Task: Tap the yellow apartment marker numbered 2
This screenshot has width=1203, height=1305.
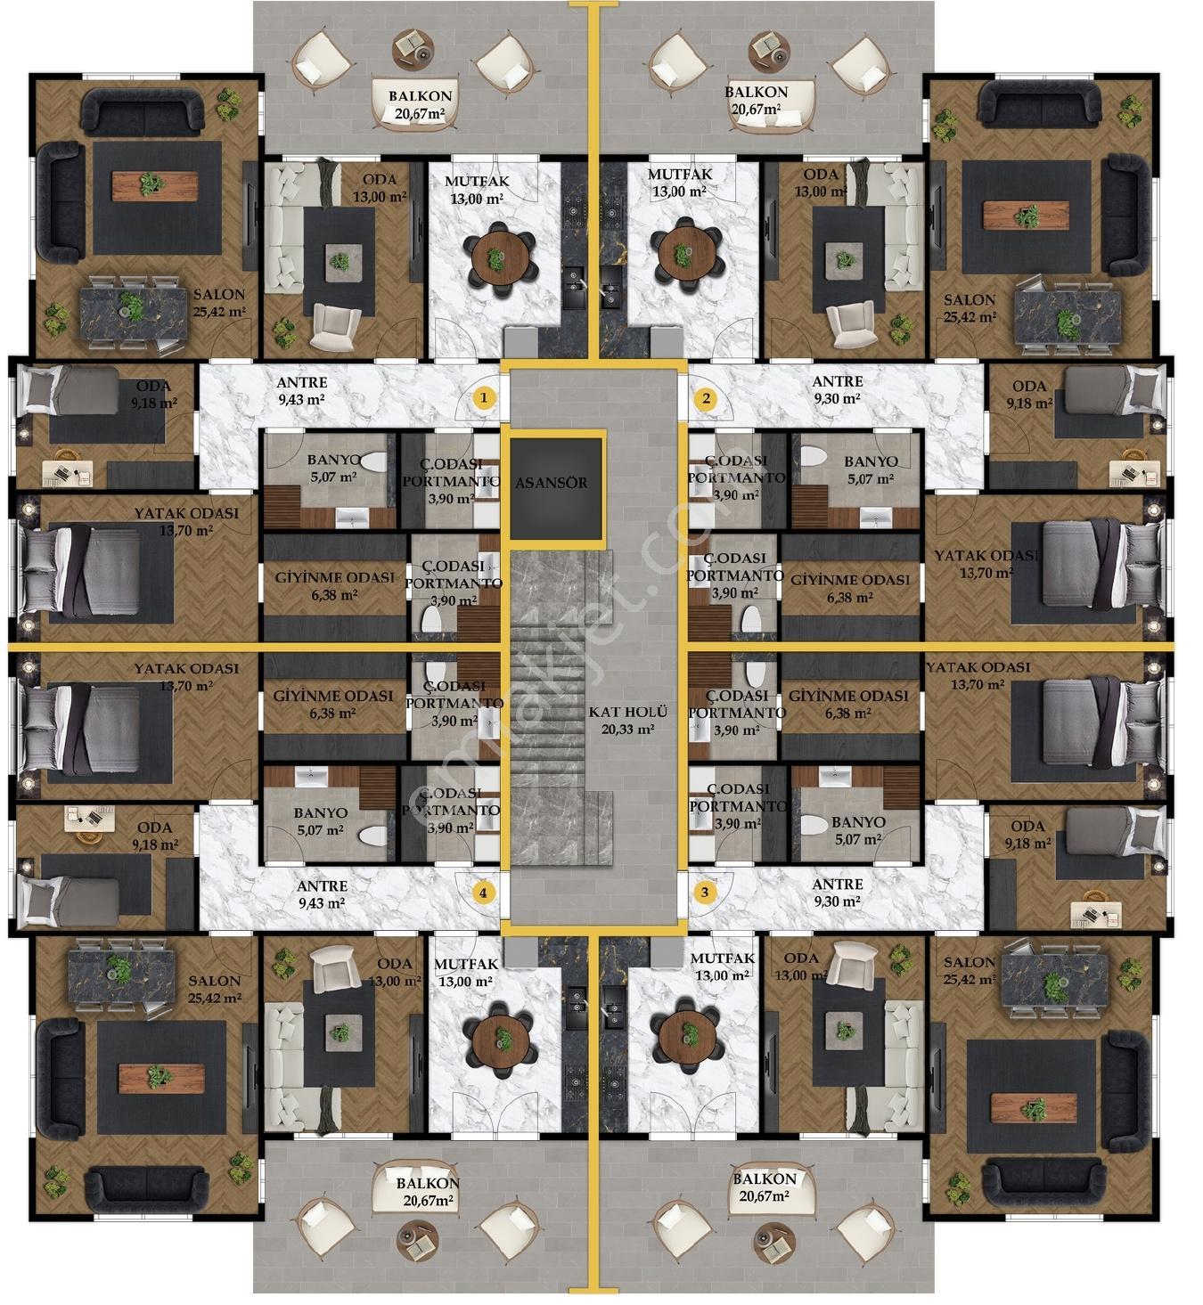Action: pos(707,399)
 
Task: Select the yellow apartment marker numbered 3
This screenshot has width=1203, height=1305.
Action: pos(705,893)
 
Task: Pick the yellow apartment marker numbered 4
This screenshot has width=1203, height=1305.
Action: pos(483,893)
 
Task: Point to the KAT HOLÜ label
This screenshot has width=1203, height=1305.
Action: pos(628,713)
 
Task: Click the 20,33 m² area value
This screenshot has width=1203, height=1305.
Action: pos(627,730)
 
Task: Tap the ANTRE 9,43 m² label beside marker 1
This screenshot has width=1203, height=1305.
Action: pos(301,391)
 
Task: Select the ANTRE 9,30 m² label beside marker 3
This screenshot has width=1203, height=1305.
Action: pos(837,893)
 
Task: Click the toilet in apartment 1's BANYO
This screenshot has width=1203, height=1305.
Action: pos(372,462)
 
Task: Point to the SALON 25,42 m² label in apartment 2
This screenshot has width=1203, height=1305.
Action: pos(970,308)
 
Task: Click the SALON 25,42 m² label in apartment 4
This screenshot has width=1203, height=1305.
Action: pos(215,989)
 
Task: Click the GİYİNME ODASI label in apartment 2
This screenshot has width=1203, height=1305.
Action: pos(849,580)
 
